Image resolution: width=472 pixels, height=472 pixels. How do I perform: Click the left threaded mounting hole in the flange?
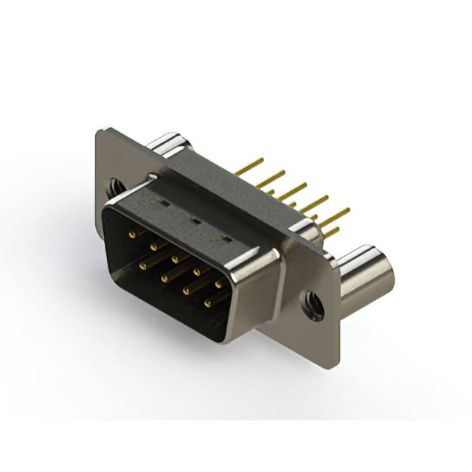click(x=117, y=187)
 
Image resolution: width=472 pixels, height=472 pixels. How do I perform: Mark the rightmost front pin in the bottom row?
click(x=208, y=301)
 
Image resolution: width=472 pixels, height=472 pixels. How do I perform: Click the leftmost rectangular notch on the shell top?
click(x=164, y=201)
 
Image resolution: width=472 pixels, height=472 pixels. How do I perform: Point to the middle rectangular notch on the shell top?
click(x=195, y=218)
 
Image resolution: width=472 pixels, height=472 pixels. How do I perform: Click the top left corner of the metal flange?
click(x=100, y=131)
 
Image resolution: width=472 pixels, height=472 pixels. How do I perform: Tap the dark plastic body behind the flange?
click(x=221, y=177)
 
